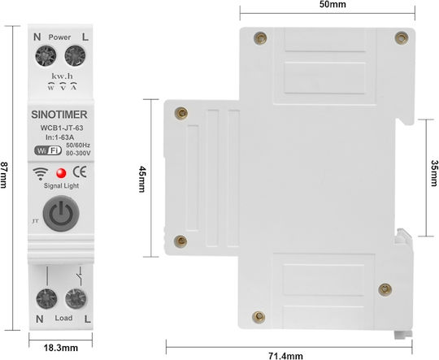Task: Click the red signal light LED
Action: click(x=61, y=173)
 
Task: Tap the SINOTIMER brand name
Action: click(x=59, y=115)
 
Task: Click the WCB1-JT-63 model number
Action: click(x=62, y=128)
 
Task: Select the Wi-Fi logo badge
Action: click(x=48, y=150)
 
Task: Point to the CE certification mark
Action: click(x=80, y=172)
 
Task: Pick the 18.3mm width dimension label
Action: click(x=61, y=348)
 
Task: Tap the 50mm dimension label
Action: click(x=333, y=4)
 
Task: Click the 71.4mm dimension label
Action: click(x=285, y=356)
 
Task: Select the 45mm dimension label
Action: click(x=142, y=179)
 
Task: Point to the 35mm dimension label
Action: click(x=434, y=173)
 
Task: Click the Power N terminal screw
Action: click(x=46, y=56)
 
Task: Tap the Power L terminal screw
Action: click(x=75, y=56)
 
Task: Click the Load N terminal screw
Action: click(x=46, y=299)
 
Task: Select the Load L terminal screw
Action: click(x=76, y=299)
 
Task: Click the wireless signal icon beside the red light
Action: click(x=41, y=174)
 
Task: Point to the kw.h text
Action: click(x=62, y=76)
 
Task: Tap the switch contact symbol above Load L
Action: click(x=80, y=276)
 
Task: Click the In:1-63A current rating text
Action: click(x=60, y=137)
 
